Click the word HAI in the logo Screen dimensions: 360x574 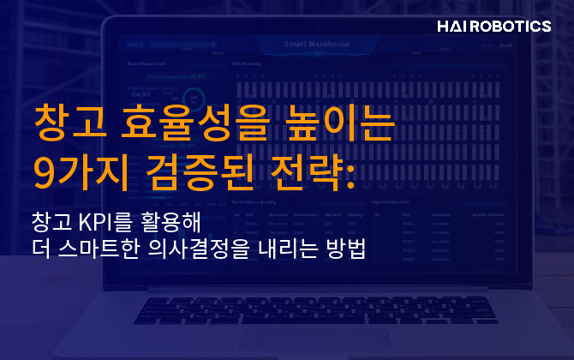(x=451, y=27)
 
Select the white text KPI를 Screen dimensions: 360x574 (x=111, y=220)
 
